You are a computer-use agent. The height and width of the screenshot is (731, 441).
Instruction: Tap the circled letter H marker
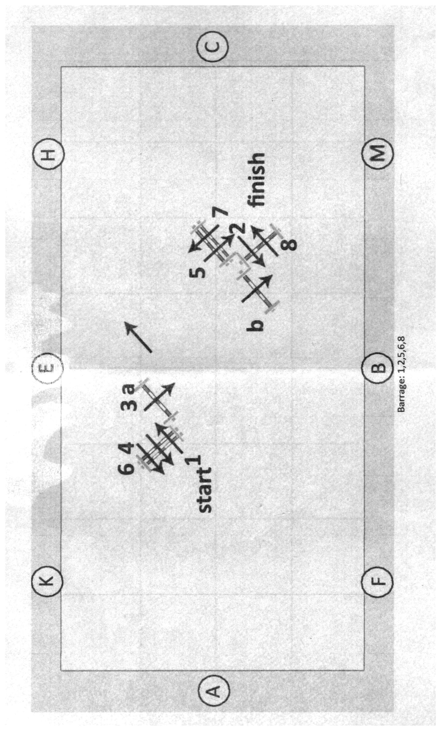tap(47, 153)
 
